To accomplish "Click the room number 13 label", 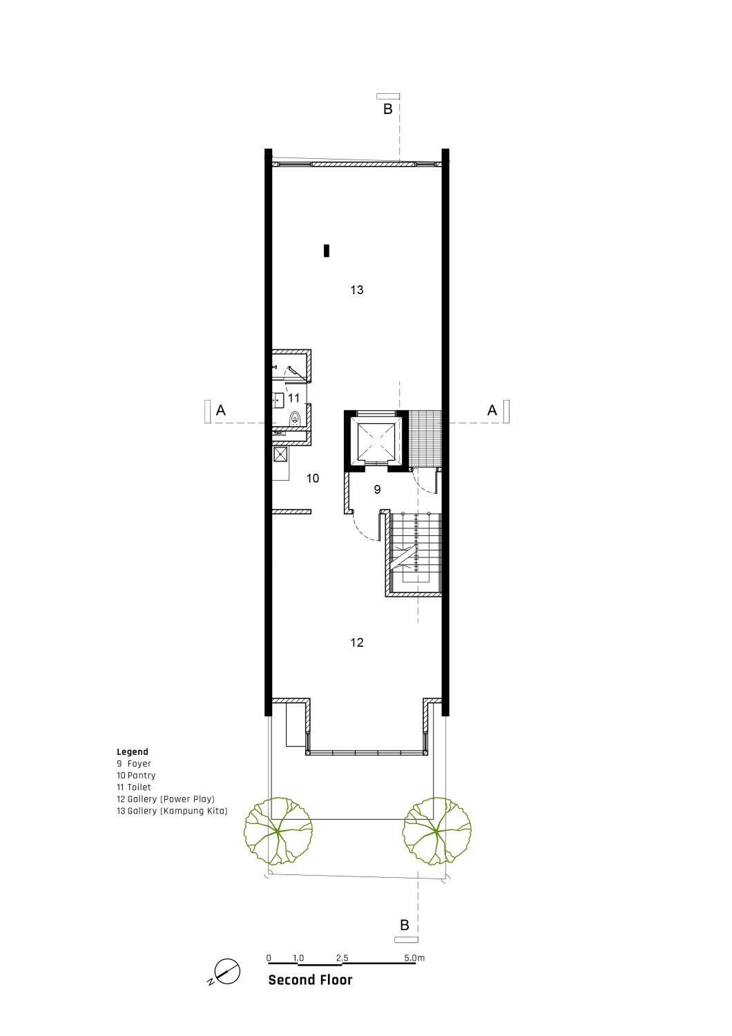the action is tap(356, 290).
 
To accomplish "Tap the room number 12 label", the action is tap(356, 642).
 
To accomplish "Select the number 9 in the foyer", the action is tap(377, 489).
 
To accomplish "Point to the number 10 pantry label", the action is tap(313, 478).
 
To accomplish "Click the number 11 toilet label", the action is tap(293, 398).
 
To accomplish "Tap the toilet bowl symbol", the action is tap(295, 419).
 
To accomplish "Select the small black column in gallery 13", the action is tap(327, 251).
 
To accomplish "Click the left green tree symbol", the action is tap(278, 831).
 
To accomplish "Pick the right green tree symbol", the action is tap(437, 831).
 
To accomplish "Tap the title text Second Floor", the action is tap(310, 980).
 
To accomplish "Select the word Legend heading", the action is tap(133, 752).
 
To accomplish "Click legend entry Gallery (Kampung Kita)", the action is tap(172, 811).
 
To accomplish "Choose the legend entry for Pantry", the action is tap(136, 776).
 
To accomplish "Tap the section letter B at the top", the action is tap(388, 109).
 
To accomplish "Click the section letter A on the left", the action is tap(221, 410).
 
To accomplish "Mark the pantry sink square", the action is tap(280, 454).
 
